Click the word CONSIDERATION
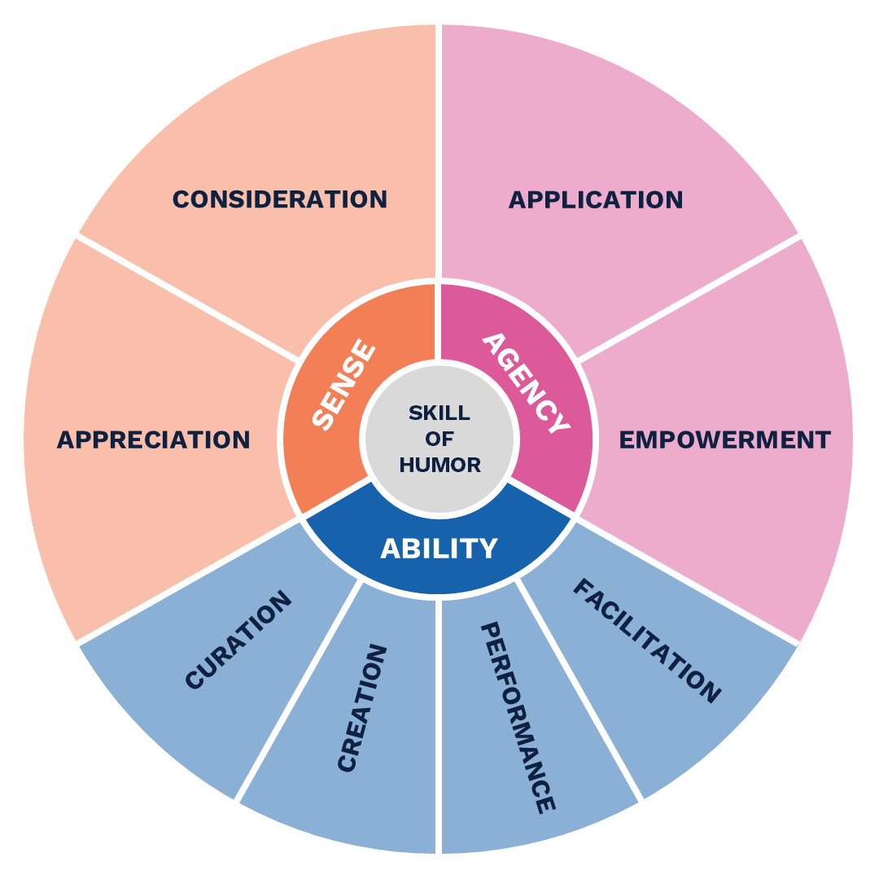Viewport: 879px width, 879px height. (x=279, y=199)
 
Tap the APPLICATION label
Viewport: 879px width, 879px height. (x=596, y=199)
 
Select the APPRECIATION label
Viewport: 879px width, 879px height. (x=153, y=439)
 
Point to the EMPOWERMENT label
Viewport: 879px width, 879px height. (x=724, y=439)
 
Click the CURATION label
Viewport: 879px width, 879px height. (x=238, y=641)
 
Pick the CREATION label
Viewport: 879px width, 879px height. (x=361, y=708)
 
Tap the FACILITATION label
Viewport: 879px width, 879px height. (x=647, y=640)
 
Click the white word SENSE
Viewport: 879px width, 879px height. (x=345, y=386)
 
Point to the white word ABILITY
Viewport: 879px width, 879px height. (x=439, y=549)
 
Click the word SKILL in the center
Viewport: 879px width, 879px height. (x=439, y=413)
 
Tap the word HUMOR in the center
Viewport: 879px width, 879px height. (x=439, y=465)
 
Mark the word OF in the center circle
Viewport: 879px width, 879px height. (x=439, y=439)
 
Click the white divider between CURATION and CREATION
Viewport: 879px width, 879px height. (x=298, y=689)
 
